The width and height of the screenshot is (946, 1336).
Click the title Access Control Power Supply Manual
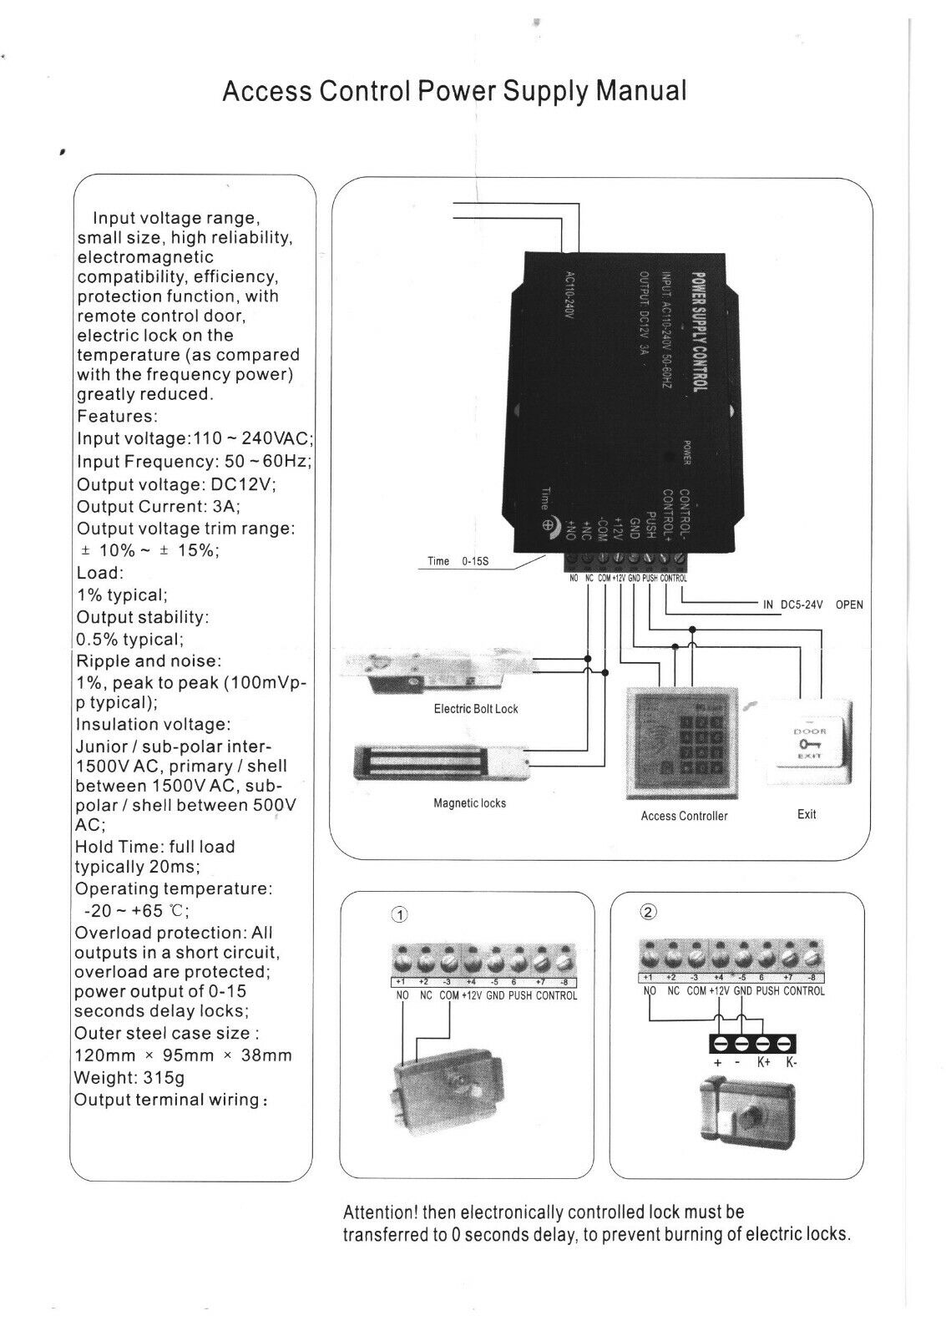tap(454, 90)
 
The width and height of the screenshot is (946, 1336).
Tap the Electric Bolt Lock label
tap(476, 709)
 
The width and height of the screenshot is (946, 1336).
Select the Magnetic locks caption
tap(469, 803)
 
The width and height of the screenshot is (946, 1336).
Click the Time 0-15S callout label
tap(458, 561)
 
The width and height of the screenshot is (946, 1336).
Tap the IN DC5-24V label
tap(792, 605)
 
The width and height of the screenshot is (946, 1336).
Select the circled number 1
tap(399, 914)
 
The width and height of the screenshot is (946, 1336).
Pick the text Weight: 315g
tap(129, 1077)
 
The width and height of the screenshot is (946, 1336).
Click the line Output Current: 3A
tap(159, 506)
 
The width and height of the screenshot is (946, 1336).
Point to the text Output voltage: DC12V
tap(176, 484)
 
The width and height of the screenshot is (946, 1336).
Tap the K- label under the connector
tap(792, 1064)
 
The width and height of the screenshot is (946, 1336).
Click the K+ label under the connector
tap(764, 1064)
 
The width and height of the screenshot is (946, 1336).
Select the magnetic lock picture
tap(443, 762)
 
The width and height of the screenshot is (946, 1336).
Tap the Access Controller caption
tap(684, 816)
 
